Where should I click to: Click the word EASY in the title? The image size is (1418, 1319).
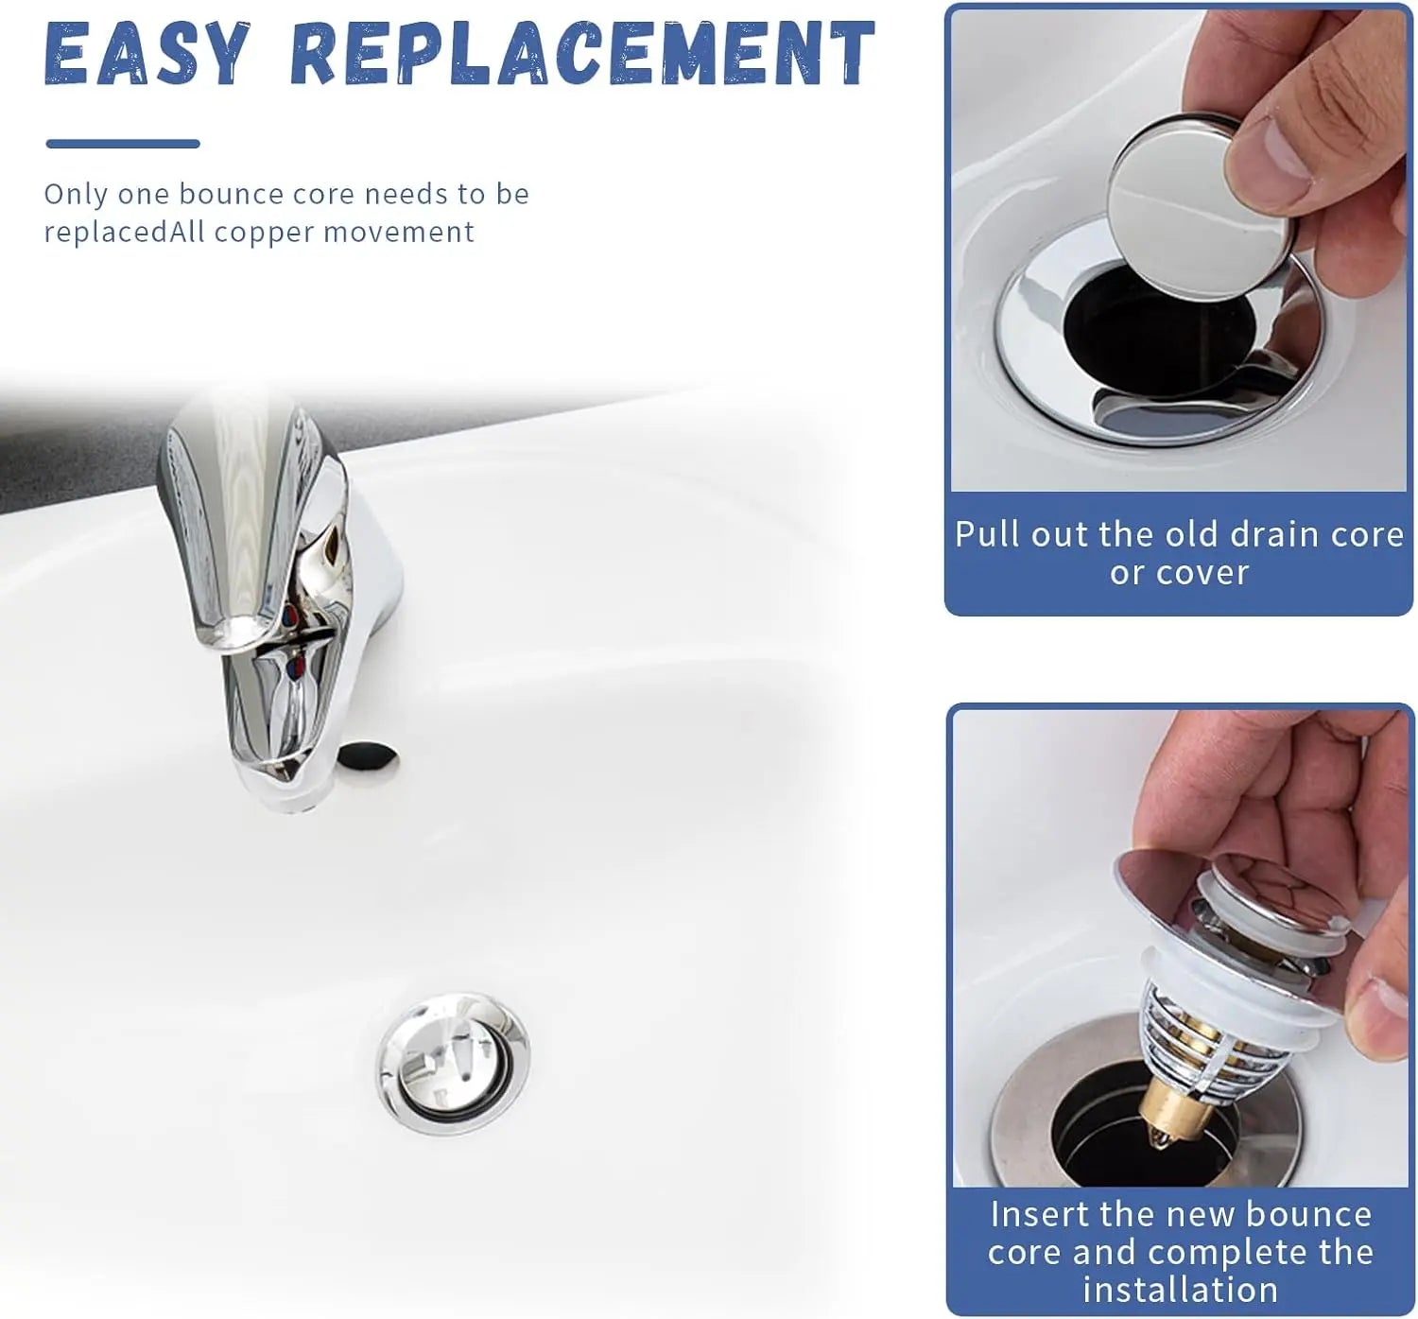pyautogui.click(x=147, y=54)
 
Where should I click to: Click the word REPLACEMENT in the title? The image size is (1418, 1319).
pyautogui.click(x=583, y=54)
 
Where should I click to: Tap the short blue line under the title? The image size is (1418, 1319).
pyautogui.click(x=123, y=144)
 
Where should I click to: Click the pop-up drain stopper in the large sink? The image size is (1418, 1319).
pyautogui.click(x=452, y=1062)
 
